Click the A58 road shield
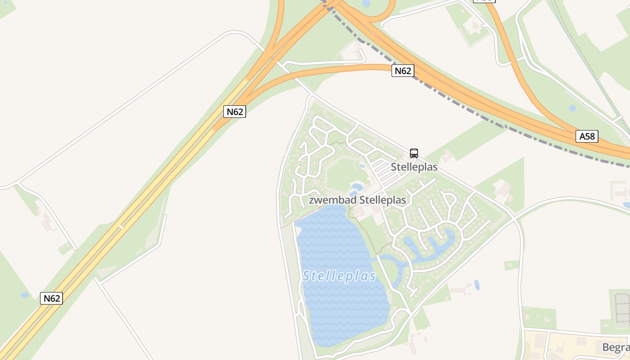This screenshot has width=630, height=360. coord(587,136)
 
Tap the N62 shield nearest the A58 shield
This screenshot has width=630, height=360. coord(402,71)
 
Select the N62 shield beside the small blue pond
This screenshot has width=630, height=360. coord(51,298)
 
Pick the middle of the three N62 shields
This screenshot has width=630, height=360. coord(234,112)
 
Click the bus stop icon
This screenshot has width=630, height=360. coord(414,153)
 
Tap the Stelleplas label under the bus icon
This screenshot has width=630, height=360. coord(414,167)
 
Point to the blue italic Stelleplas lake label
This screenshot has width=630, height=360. coord(339,276)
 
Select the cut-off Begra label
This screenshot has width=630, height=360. coord(616,347)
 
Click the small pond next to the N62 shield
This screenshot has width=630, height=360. coord(24,295)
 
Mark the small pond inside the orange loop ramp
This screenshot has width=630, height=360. coord(365,4)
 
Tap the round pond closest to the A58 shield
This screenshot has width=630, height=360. coord(572,108)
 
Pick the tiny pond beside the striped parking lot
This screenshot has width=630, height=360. coord(362,166)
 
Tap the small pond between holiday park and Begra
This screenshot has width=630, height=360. coord(477,285)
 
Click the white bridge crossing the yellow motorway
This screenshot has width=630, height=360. coord(120,226)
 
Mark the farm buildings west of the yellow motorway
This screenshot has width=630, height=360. coord(46,222)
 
